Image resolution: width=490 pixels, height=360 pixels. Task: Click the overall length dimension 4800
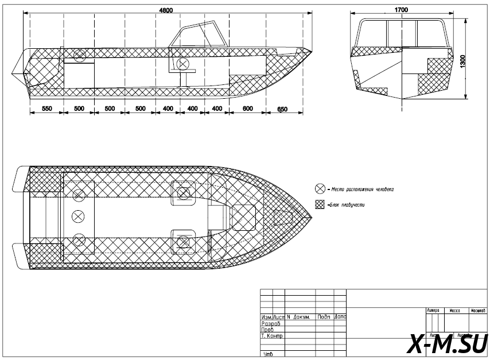[x=165, y=10]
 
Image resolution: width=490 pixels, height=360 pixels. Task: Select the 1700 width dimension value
[x=401, y=10]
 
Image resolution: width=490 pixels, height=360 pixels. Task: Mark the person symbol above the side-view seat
[x=183, y=63]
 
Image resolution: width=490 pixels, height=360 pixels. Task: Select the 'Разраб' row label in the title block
[x=270, y=324]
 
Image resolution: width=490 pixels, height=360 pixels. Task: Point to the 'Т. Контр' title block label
[x=272, y=336]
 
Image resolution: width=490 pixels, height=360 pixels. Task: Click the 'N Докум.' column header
[x=299, y=317]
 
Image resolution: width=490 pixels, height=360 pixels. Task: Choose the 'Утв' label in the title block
[x=267, y=354]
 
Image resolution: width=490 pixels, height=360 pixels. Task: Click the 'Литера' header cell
[x=433, y=310]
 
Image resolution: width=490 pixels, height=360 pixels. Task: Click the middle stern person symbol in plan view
[x=78, y=216]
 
